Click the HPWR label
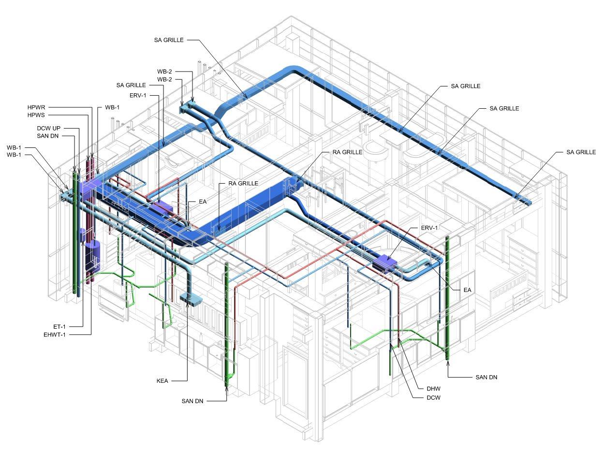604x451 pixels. click(x=36, y=107)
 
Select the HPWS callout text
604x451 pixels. click(x=36, y=115)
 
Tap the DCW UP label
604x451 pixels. click(x=48, y=128)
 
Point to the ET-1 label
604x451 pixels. click(x=59, y=327)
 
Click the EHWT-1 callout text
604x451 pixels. click(x=55, y=335)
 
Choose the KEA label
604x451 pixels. click(x=162, y=381)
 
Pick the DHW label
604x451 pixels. click(x=433, y=389)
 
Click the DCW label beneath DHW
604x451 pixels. click(x=433, y=398)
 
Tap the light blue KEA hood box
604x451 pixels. click(x=191, y=299)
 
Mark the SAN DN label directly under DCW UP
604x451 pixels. click(x=47, y=136)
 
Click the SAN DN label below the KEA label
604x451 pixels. click(x=192, y=401)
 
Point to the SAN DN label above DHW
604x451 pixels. click(x=486, y=378)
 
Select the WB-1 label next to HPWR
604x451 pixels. click(x=112, y=107)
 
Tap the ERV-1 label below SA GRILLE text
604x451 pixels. click(x=138, y=95)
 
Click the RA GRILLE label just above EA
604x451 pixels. click(x=243, y=183)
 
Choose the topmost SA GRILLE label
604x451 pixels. click(x=169, y=40)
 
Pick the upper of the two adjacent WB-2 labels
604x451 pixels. click(x=164, y=72)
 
